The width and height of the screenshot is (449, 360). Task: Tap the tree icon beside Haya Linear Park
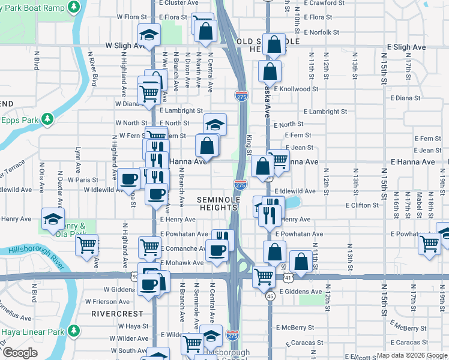(x=74, y=331)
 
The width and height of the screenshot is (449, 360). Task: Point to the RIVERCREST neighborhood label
(x=117, y=314)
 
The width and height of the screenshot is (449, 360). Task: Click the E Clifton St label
(x=362, y=205)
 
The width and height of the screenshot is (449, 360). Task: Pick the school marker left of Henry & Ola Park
(x=53, y=218)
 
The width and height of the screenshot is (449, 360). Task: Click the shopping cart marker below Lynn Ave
(x=87, y=244)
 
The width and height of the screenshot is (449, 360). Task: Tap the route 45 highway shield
(x=271, y=296)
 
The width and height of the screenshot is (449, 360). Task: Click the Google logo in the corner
(x=20, y=353)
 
